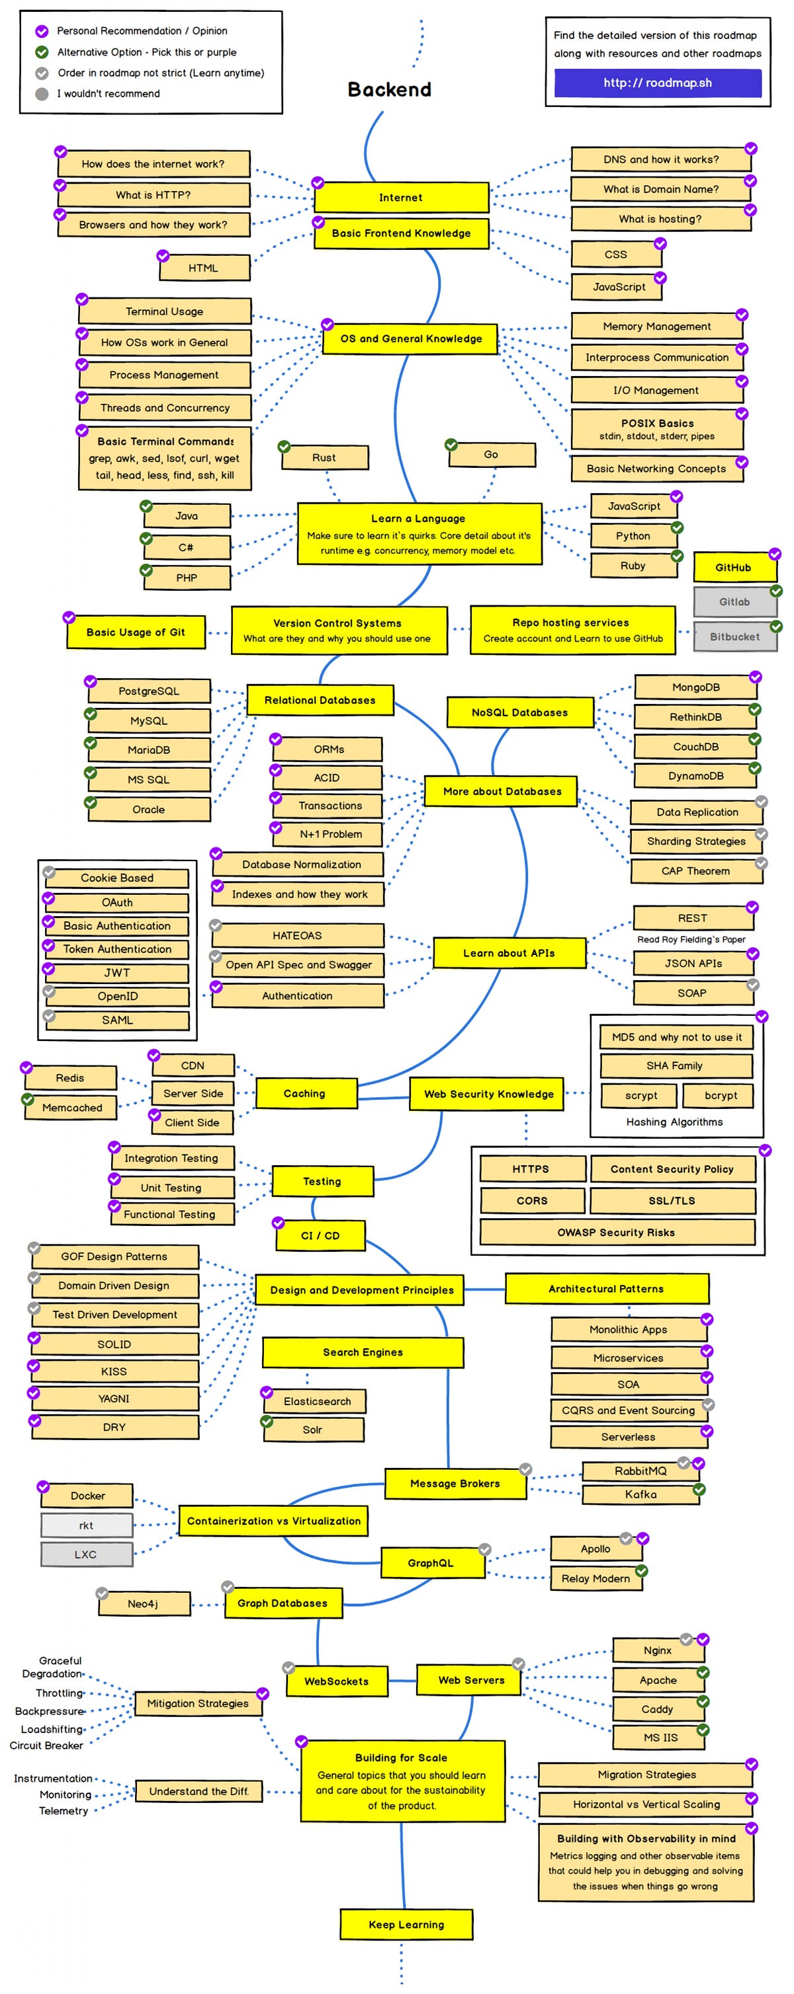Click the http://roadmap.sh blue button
click(657, 83)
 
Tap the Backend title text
click(389, 90)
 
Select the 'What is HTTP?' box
click(154, 195)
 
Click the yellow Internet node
click(400, 198)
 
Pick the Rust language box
click(324, 457)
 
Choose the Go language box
click(491, 454)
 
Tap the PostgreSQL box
click(149, 691)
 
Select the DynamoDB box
click(695, 776)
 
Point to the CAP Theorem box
click(695, 871)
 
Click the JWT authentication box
click(117, 972)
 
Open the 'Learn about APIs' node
click(508, 953)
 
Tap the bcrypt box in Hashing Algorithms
click(720, 1095)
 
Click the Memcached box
click(72, 1108)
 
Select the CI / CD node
click(320, 1235)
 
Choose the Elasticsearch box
click(316, 1401)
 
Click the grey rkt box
click(86, 1525)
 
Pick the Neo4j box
click(144, 1604)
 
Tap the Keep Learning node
click(406, 1925)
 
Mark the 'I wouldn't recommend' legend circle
click(42, 94)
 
